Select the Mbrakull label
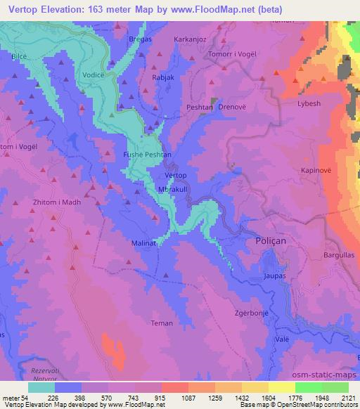(174, 190)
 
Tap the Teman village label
(162, 323)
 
